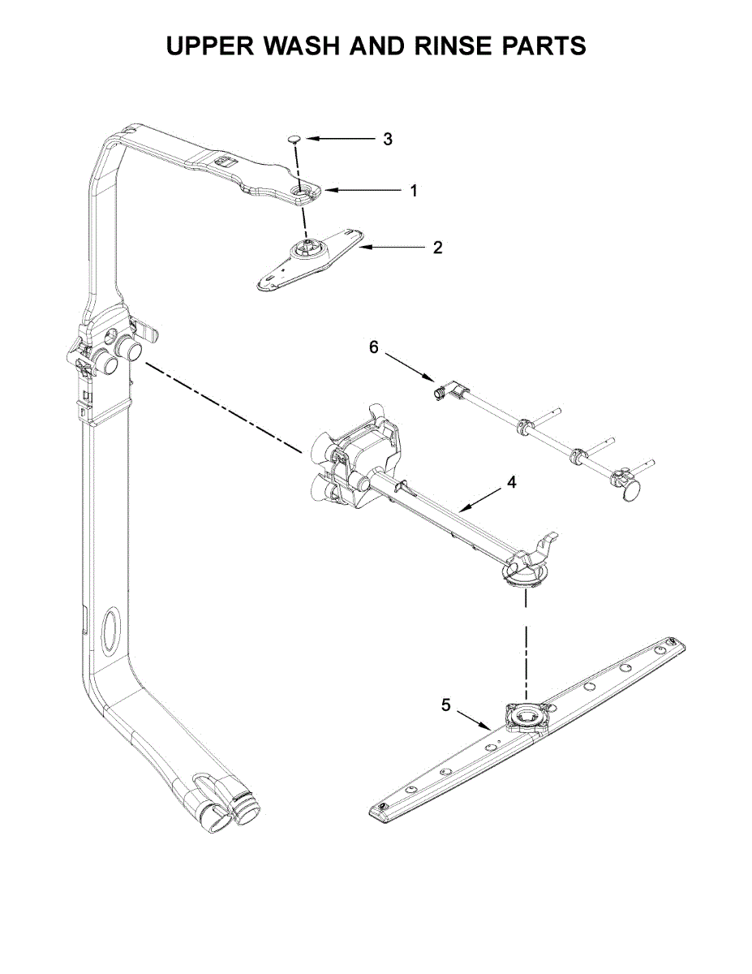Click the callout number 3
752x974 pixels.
point(388,139)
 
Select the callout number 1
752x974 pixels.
point(413,191)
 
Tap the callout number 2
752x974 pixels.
point(437,248)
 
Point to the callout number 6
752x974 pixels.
point(374,347)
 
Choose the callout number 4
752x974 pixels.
point(511,482)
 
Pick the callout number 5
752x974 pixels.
point(446,705)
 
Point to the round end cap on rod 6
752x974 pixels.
point(630,489)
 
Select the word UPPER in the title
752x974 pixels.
point(211,46)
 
